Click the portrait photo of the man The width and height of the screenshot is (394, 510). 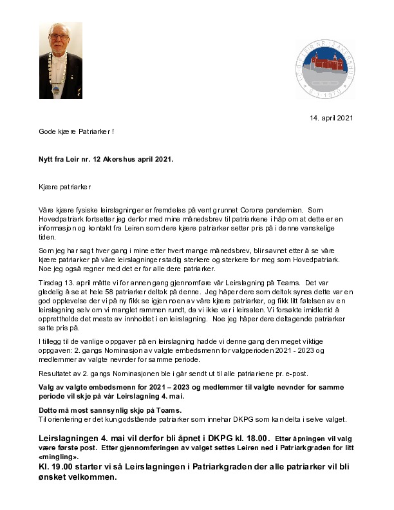point(61,61)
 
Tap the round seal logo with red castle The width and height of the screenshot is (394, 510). point(325,69)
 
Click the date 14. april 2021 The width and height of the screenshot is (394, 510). point(332,118)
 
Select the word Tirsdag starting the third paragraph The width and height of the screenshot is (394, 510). point(50,281)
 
